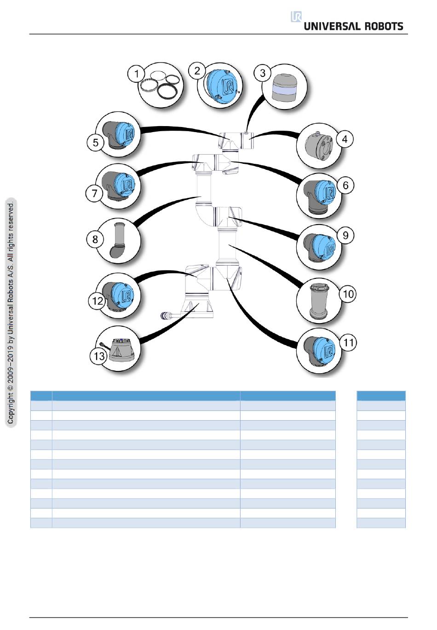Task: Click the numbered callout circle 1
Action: [x=136, y=74]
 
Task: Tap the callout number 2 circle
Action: [x=197, y=70]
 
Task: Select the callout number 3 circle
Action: [x=263, y=73]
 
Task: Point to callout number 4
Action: [x=345, y=139]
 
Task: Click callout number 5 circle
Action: [x=95, y=142]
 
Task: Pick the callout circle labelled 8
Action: [x=95, y=239]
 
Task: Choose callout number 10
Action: [x=348, y=294]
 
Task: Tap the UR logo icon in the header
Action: [x=296, y=17]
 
